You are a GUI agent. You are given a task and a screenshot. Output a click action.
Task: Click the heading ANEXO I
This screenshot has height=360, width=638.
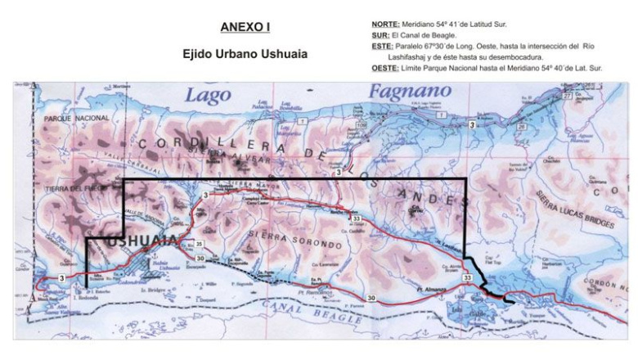(x=245, y=27)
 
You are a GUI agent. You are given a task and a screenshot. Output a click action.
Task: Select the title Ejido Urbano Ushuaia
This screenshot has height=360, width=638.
(x=245, y=55)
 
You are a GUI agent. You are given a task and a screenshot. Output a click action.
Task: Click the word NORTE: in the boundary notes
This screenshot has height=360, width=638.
(x=385, y=25)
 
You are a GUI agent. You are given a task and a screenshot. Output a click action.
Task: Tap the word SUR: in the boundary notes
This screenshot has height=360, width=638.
(x=380, y=35)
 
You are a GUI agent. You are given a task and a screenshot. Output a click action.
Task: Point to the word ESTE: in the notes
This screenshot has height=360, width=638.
(x=383, y=47)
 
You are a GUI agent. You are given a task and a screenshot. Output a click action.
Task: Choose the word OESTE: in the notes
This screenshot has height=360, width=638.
(x=385, y=69)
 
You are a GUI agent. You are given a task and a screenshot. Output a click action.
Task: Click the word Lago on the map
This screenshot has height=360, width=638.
(x=208, y=95)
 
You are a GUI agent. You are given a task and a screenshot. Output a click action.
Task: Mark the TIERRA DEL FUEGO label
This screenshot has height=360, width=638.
(x=72, y=190)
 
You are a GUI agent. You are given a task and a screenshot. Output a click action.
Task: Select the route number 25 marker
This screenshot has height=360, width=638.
(x=200, y=245)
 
